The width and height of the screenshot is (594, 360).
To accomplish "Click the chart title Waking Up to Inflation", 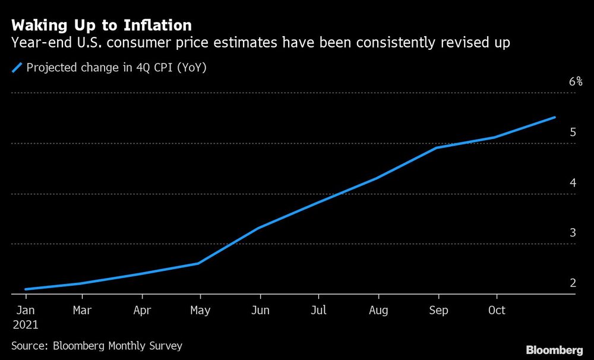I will [102, 25].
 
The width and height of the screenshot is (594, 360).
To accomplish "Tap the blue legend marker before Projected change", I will [17, 68].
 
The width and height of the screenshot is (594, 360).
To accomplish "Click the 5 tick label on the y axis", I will [573, 132].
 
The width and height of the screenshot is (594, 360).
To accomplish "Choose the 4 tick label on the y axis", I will [573, 183].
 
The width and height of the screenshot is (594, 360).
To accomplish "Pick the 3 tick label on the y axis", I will [573, 233].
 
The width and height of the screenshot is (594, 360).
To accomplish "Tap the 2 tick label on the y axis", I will [573, 283].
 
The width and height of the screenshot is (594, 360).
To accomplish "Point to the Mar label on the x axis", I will [83, 311].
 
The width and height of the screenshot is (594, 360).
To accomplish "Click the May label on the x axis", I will [200, 311].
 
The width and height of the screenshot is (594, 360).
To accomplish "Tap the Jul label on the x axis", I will [319, 311].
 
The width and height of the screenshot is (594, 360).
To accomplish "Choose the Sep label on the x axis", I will [438, 311].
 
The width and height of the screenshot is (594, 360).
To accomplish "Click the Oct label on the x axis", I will [497, 311].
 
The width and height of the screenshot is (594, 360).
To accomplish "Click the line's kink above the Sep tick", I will [438, 147].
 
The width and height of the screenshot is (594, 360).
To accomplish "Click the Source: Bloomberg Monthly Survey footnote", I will [97, 345].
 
